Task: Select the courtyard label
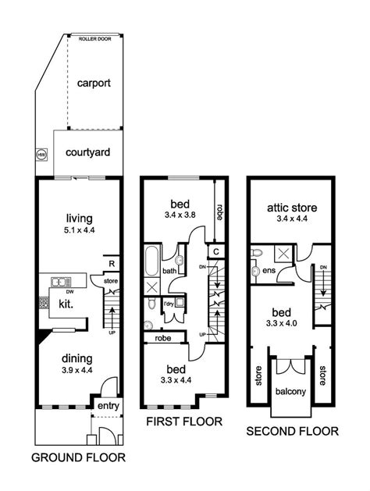(x=87, y=152)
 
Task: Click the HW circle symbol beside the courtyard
(x=41, y=155)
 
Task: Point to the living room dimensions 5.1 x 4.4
(x=80, y=230)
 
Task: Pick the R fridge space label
(x=112, y=264)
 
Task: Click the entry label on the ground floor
(x=107, y=406)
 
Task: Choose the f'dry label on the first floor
(x=169, y=303)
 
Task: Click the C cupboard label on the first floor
(x=216, y=251)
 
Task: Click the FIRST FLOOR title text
(x=184, y=422)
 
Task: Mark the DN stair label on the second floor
(x=322, y=266)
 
